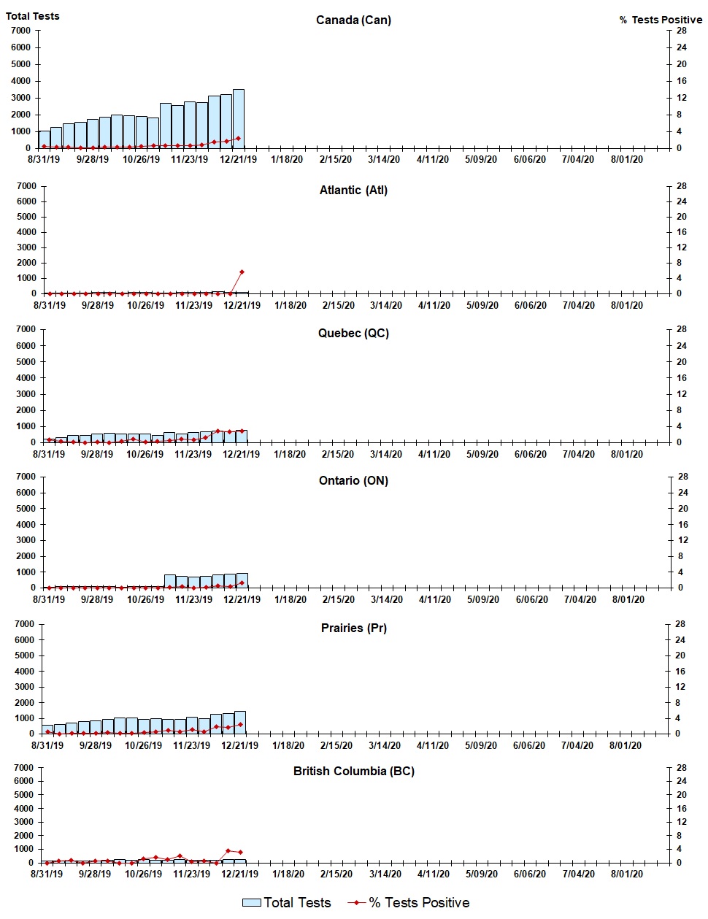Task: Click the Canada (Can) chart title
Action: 353,20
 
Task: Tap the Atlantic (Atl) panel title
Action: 353,190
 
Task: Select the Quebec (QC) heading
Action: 353,333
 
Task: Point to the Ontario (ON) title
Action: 353,480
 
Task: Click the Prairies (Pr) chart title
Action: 353,628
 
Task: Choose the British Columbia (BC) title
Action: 353,771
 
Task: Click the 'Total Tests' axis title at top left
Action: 33,16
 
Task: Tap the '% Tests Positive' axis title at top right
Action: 661,20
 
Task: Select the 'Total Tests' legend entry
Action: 287,903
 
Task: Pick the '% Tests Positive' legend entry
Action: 409,903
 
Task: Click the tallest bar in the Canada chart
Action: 239,119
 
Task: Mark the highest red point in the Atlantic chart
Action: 242,272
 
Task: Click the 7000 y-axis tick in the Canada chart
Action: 21,31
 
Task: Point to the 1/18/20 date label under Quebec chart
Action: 290,454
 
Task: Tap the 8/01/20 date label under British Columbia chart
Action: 626,874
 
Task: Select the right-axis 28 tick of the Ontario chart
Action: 682,477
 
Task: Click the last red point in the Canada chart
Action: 238,138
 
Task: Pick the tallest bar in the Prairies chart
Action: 240,722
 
